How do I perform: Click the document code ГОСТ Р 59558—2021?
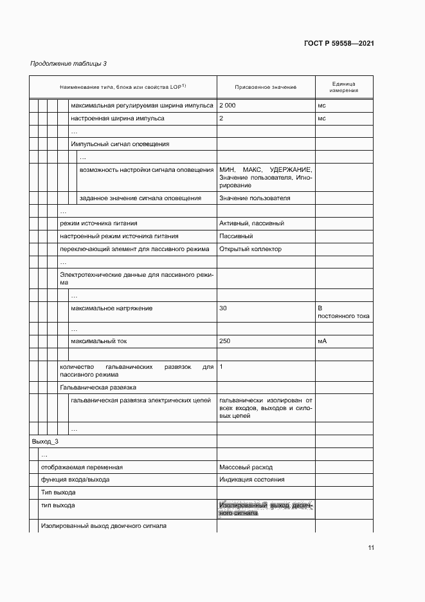pyautogui.click(x=339, y=44)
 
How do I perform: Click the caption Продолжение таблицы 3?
pyautogui.click(x=69, y=64)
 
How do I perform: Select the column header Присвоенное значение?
pyautogui.click(x=266, y=86)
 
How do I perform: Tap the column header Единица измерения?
pyautogui.click(x=344, y=87)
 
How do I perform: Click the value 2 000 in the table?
pyautogui.click(x=228, y=104)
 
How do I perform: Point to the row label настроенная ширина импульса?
pyautogui.click(x=118, y=118)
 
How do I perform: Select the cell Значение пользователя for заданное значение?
pyautogui.click(x=255, y=198)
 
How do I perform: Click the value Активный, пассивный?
pyautogui.click(x=251, y=223)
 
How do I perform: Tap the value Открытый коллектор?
pyautogui.click(x=250, y=249)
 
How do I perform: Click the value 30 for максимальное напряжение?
pyautogui.click(x=223, y=308)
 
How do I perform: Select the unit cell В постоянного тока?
pyautogui.click(x=343, y=312)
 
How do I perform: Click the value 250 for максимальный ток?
pyautogui.click(x=224, y=341)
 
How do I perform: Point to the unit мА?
pyautogui.click(x=322, y=341)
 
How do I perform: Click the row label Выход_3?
pyautogui.click(x=45, y=442)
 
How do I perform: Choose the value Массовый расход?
pyautogui.click(x=246, y=467)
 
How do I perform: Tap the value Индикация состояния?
pyautogui.click(x=251, y=480)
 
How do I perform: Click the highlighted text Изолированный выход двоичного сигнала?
pyautogui.click(x=265, y=509)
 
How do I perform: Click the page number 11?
pyautogui.click(x=371, y=548)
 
